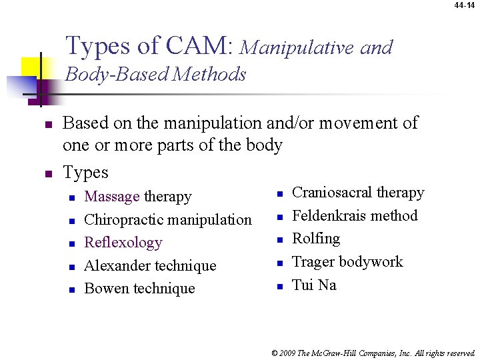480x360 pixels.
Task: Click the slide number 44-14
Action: click(x=465, y=5)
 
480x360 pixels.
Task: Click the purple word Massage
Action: click(x=112, y=197)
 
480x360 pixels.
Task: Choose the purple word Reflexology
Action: click(x=123, y=243)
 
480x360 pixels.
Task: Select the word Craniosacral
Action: click(x=332, y=193)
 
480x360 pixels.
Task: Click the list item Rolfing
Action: click(x=316, y=239)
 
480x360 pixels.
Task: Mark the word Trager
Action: click(x=313, y=262)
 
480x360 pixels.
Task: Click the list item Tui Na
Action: click(x=314, y=285)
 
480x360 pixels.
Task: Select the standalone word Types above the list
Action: click(x=85, y=173)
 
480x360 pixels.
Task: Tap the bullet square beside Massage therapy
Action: click(x=73, y=197)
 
